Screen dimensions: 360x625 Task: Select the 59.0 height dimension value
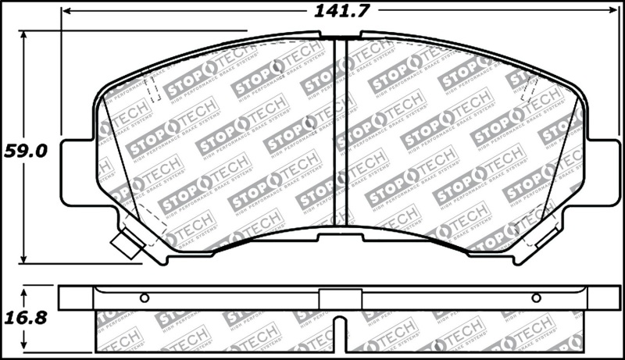[25, 150]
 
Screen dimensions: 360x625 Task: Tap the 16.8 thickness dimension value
[25, 319]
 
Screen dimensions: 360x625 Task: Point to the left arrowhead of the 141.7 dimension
[66, 11]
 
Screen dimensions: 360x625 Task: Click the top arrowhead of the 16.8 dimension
[24, 290]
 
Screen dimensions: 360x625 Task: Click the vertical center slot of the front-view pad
[340, 133]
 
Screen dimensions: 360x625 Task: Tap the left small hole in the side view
[144, 298]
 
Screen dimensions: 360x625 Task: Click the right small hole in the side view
[536, 298]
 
